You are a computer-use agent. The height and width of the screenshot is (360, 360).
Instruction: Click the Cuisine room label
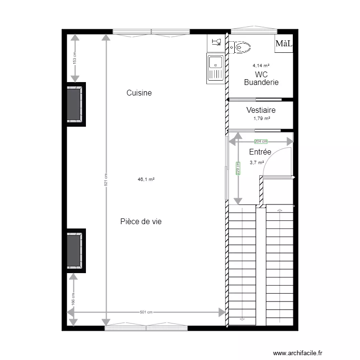(139, 93)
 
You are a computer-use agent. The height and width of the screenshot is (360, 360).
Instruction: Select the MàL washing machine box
(284, 44)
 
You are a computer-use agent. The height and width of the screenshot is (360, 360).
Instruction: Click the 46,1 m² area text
(146, 180)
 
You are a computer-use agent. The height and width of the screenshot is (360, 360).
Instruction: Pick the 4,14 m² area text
(261, 66)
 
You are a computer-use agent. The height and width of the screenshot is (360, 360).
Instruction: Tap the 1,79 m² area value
(261, 119)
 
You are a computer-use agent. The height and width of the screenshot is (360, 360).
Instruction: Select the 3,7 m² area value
(257, 162)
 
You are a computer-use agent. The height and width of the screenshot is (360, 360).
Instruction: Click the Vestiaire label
(261, 110)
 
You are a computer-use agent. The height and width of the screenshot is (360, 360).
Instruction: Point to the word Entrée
(260, 152)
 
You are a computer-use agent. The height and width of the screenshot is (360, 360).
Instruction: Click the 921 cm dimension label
(106, 180)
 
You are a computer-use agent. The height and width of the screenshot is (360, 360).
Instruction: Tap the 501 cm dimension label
(146, 312)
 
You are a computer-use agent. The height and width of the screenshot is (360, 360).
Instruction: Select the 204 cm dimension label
(261, 142)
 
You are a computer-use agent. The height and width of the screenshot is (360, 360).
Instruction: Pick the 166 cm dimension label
(73, 299)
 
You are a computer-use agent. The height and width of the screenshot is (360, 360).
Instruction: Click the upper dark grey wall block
(74, 105)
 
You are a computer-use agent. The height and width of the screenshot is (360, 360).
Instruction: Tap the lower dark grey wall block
(74, 250)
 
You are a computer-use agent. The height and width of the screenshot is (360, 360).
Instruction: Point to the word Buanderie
(261, 83)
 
